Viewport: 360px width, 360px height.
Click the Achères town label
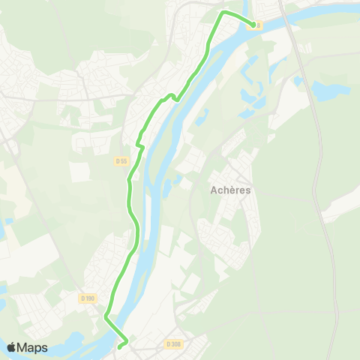[x=230, y=190]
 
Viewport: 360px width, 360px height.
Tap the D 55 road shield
[x=122, y=160]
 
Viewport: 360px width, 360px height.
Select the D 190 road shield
[x=88, y=298]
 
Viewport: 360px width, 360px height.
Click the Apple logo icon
[x=11, y=347]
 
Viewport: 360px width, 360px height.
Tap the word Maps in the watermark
[x=33, y=347]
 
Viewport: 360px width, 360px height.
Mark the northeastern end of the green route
[x=252, y=24]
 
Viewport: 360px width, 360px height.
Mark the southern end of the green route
[x=120, y=346]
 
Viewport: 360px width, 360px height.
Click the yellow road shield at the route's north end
[x=259, y=25]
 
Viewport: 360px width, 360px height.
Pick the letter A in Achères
[x=214, y=190]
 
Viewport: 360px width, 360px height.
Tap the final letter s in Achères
[x=247, y=190]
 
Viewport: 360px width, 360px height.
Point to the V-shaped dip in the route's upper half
[x=174, y=96]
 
